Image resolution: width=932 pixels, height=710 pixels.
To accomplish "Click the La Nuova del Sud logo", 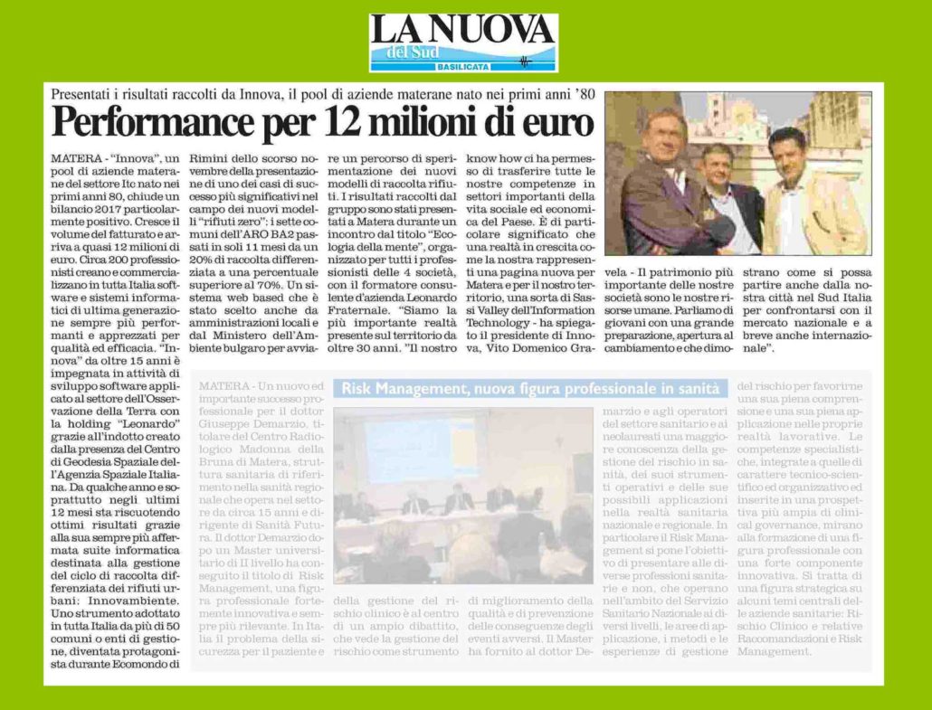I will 463,43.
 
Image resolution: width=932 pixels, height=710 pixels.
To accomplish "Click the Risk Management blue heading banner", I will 532,388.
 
